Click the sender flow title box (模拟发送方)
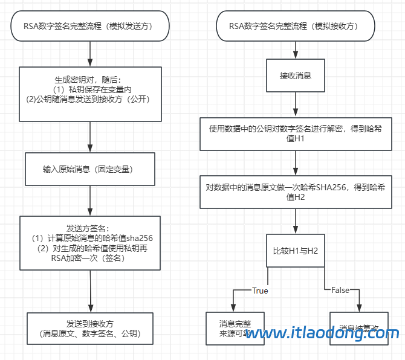click(89, 26)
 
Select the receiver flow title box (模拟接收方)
click(296, 26)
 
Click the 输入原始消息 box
click(89, 170)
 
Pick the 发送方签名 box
click(89, 242)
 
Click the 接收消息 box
click(295, 77)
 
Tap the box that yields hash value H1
click(296, 134)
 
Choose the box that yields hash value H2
click(296, 192)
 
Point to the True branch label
click(260, 291)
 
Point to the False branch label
click(340, 291)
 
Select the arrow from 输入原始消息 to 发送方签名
click(89, 199)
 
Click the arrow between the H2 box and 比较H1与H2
click(296, 222)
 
